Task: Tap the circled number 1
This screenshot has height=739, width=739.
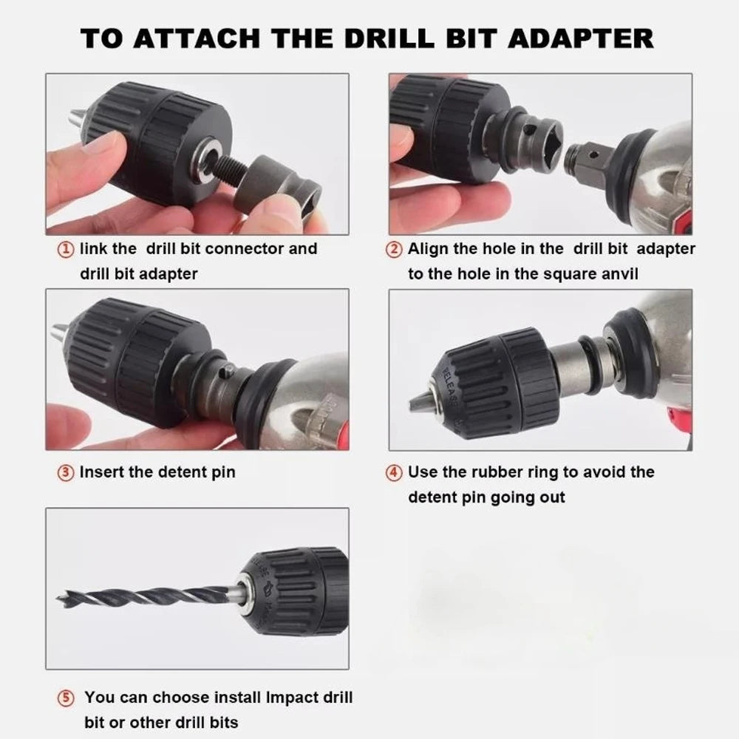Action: [x=67, y=249]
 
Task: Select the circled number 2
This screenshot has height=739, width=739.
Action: [x=395, y=249]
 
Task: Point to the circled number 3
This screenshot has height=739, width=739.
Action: [x=67, y=471]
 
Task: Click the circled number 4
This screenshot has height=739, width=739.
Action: [x=395, y=471]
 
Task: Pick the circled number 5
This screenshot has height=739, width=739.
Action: [x=67, y=698]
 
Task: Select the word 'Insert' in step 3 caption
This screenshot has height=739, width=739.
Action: [x=102, y=471]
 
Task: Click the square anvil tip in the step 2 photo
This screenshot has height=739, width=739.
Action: [x=584, y=158]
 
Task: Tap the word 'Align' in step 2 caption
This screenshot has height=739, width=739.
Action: [x=429, y=249]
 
